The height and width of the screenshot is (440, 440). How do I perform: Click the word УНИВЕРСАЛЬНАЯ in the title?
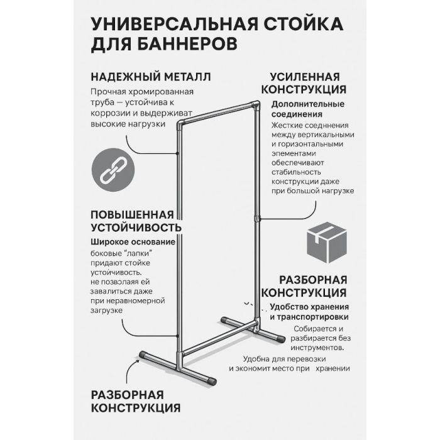174,24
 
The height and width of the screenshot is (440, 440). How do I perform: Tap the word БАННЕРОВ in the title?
187,44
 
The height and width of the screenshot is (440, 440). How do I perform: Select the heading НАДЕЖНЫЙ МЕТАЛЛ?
151,77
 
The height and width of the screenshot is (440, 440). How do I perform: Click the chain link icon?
113,170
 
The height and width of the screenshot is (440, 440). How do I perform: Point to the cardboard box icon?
327,242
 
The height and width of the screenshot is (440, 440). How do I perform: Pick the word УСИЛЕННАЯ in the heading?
305,77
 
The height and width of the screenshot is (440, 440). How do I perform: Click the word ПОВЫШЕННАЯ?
132,215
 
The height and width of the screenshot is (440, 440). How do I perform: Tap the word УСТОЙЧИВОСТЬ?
136,228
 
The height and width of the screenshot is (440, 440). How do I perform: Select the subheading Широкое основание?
133,242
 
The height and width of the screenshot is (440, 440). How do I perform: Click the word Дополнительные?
308,104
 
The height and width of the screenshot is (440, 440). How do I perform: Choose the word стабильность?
296,172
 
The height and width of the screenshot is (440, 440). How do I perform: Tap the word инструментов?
317,348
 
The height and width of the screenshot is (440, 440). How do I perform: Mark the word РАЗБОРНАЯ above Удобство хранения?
313,280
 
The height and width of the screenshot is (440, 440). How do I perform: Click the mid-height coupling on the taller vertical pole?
257,218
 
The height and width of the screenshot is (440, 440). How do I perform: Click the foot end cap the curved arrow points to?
143,355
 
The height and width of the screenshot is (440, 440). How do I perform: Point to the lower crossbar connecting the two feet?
219,338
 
